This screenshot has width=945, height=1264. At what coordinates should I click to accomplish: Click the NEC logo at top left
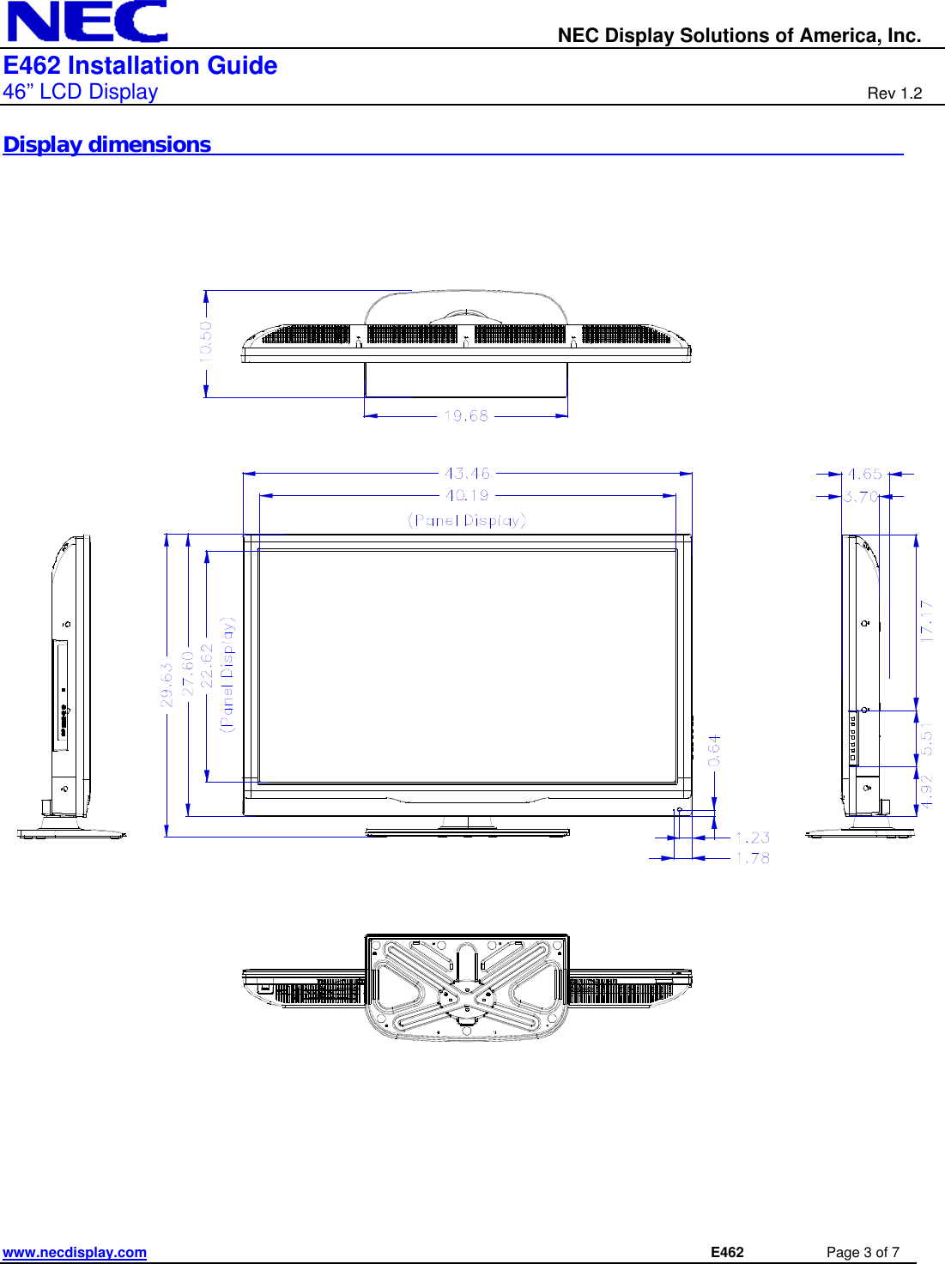pos(87,21)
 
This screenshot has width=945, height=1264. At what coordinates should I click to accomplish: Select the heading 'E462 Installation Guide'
pos(140,66)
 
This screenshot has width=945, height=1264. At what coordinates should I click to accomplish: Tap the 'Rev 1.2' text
pos(894,94)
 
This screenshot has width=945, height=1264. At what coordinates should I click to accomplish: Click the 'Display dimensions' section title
pos(107,145)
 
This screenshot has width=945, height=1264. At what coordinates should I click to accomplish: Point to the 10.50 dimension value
pos(206,342)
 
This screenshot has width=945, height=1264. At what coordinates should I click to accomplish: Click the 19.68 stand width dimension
pos(466,416)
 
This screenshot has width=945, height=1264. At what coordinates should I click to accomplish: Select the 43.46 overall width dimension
pos(467,473)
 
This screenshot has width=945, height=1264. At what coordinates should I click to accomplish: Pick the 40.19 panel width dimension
pos(467,495)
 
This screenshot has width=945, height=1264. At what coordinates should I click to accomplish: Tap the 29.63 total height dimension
pos(167,684)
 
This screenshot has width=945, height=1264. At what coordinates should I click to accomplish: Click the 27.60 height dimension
pos(187,674)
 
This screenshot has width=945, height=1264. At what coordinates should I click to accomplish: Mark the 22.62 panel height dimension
pos(207,666)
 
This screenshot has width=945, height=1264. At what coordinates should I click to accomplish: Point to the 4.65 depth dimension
pos(864,474)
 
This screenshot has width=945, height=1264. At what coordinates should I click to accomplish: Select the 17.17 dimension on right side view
pos(926,620)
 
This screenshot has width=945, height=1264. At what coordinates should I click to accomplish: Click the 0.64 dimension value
pos(714,750)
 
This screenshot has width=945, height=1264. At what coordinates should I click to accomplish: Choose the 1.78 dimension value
pos(753,857)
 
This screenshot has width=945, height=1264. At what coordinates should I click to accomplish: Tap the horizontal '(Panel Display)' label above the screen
pos(467,520)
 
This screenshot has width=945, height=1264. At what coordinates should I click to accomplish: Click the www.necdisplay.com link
pos(75,1252)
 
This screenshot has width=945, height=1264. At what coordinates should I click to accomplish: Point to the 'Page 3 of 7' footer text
pos(862,1252)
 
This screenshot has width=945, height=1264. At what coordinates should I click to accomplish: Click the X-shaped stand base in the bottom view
pos(467,987)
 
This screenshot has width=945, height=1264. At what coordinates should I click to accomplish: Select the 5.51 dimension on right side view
pos(926,739)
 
